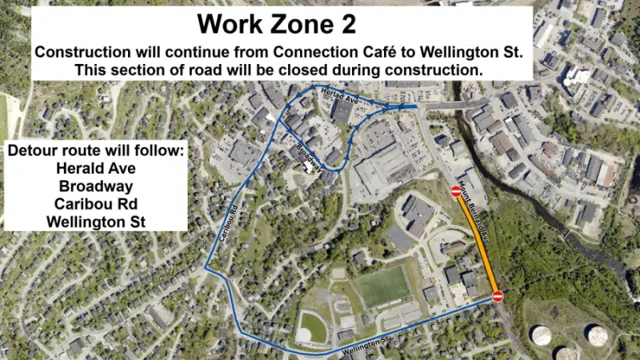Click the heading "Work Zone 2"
point(277,23)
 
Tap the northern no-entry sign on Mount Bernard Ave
point(456,192)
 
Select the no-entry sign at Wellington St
point(498,297)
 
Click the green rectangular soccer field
point(383,286)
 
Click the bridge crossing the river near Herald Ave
point(453,105)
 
